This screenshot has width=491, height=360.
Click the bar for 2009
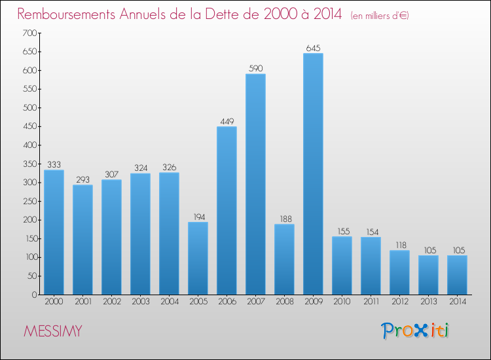click(x=313, y=173)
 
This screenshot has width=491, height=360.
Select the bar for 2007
click(x=255, y=184)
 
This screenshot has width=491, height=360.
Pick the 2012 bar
click(x=399, y=272)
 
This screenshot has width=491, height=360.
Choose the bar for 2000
click(x=54, y=232)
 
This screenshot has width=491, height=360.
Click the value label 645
click(x=313, y=48)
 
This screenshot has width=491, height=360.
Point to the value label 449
click(x=227, y=121)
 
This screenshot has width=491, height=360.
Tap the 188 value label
click(x=284, y=219)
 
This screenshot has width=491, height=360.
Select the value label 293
click(x=82, y=179)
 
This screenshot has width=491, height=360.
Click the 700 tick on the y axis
click(x=29, y=33)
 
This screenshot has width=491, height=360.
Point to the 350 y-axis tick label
click(x=29, y=164)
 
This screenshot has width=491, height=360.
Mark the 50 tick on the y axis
click(x=31, y=276)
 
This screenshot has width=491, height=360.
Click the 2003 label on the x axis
click(x=140, y=302)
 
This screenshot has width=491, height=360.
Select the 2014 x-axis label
click(x=457, y=302)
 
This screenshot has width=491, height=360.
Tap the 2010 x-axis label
click(x=342, y=302)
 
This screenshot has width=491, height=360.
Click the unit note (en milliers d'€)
click(x=380, y=15)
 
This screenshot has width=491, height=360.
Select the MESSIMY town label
click(x=53, y=331)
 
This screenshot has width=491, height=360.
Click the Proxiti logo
click(x=415, y=331)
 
